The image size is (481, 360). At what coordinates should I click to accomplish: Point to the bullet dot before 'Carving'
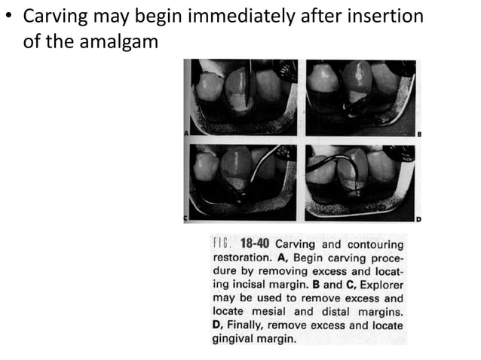(8, 17)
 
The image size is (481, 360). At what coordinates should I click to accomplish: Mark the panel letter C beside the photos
(186, 219)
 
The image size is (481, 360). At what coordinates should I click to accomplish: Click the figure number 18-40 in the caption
(253, 244)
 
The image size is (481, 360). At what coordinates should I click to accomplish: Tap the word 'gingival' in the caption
(236, 339)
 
